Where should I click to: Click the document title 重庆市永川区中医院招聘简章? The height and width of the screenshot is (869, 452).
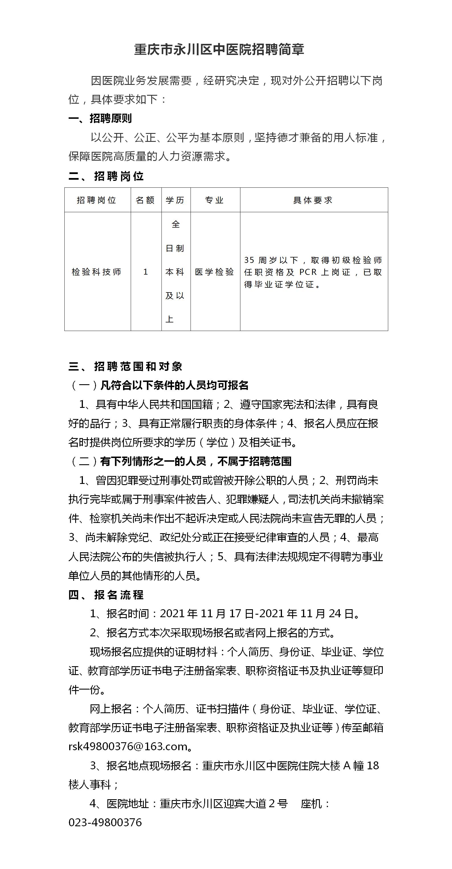tap(219, 50)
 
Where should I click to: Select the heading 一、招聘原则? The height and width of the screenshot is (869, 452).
tap(100, 118)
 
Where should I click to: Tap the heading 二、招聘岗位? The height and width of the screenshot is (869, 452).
tap(106, 176)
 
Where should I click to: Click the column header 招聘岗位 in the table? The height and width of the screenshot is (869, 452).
tap(97, 200)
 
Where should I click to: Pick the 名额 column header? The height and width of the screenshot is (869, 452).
tap(145, 200)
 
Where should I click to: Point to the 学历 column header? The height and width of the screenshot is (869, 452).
tap(175, 200)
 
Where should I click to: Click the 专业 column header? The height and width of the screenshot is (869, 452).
tap(214, 200)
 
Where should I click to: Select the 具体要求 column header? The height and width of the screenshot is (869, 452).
tap(313, 200)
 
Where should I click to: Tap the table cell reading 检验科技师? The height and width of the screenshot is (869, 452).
tap(97, 272)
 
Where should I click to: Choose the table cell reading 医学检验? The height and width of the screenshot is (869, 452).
tap(214, 272)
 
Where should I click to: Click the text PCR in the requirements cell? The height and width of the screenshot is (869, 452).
tap(308, 272)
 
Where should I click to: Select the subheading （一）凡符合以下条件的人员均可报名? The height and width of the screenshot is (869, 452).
tap(159, 385)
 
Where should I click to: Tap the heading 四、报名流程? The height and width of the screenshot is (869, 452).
tap(106, 595)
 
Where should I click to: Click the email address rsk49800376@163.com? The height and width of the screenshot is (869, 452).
tap(128, 746)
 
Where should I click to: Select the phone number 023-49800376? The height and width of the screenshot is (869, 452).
tap(105, 822)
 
